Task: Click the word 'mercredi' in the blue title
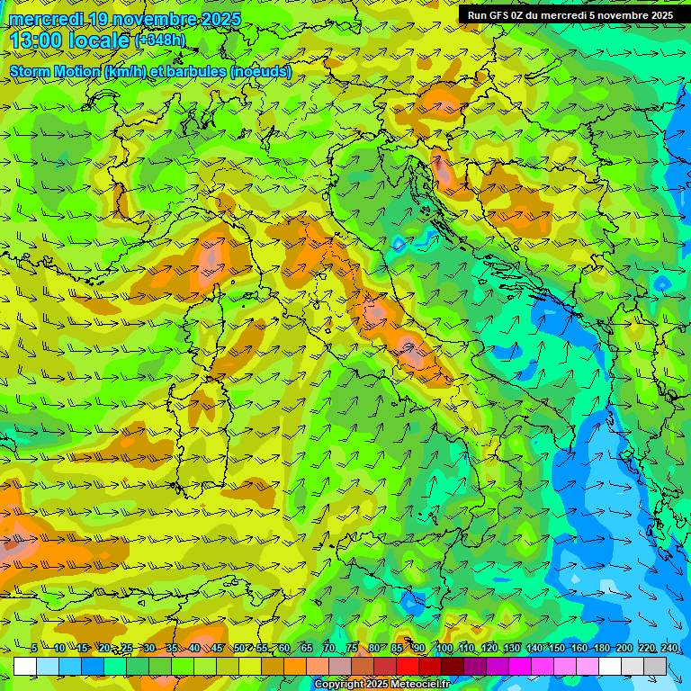point(45,19)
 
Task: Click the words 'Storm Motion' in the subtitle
point(55,72)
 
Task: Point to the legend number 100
point(444,649)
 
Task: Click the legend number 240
point(669,649)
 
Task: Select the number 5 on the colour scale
point(34,649)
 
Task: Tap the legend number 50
point(239,649)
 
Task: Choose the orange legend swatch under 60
point(273,666)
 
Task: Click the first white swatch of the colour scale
point(25,666)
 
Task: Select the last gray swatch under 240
point(655,666)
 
